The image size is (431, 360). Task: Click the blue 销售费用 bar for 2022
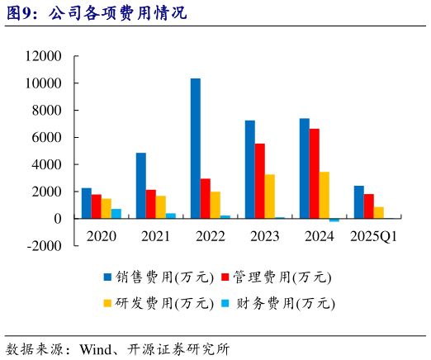(x=196, y=149)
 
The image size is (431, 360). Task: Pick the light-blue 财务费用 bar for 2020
(x=116, y=214)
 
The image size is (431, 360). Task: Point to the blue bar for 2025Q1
(x=359, y=202)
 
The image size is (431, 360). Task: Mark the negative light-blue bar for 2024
(x=334, y=220)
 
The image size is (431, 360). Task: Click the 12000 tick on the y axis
(x=44, y=57)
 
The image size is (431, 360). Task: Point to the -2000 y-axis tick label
(x=44, y=246)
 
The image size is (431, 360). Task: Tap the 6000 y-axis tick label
(x=48, y=138)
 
